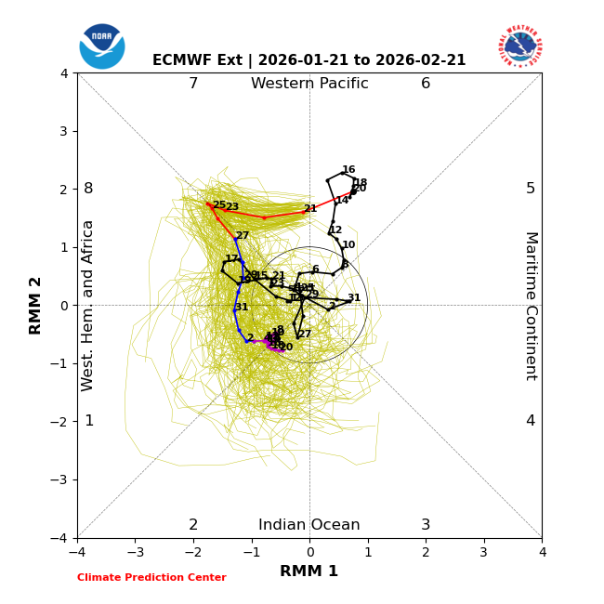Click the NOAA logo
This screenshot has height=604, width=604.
102,46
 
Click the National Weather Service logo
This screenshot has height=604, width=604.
520,46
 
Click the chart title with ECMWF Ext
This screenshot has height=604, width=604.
309,60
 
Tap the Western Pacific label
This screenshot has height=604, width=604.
309,84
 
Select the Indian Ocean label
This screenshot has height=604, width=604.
309,525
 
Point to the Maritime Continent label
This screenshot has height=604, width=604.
531,305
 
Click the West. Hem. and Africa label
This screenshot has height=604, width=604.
89,305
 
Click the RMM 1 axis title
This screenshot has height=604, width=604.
309,571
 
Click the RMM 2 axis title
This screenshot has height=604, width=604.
36,305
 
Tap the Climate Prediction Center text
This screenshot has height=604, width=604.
151,578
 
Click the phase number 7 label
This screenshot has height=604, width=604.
193,84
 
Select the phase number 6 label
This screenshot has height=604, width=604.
426,84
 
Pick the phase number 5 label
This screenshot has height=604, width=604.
531,189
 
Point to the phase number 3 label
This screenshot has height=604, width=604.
426,525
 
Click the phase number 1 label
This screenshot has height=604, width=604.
89,421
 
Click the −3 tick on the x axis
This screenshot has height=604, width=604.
135,553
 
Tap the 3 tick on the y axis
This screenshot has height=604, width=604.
64,131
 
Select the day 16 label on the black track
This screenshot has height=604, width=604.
348,170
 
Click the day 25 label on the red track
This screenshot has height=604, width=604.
219,204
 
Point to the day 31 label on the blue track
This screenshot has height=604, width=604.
242,308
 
